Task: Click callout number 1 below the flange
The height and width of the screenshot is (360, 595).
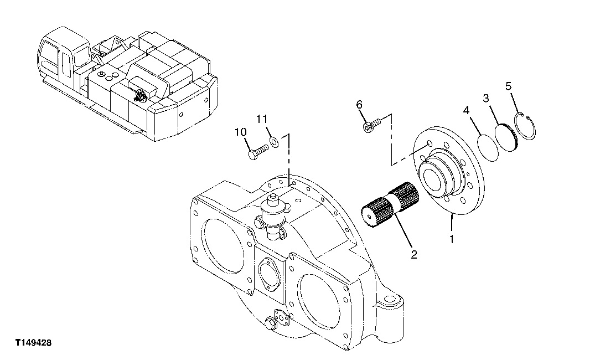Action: [451, 240]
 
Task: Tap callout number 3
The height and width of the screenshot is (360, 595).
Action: [485, 99]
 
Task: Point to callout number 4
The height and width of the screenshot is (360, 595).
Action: [467, 111]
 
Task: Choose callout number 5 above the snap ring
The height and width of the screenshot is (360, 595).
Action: [509, 86]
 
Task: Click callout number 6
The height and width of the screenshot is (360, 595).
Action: [359, 105]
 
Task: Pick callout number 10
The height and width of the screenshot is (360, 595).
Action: [240, 132]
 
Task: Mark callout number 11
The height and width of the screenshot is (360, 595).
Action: [262, 119]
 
